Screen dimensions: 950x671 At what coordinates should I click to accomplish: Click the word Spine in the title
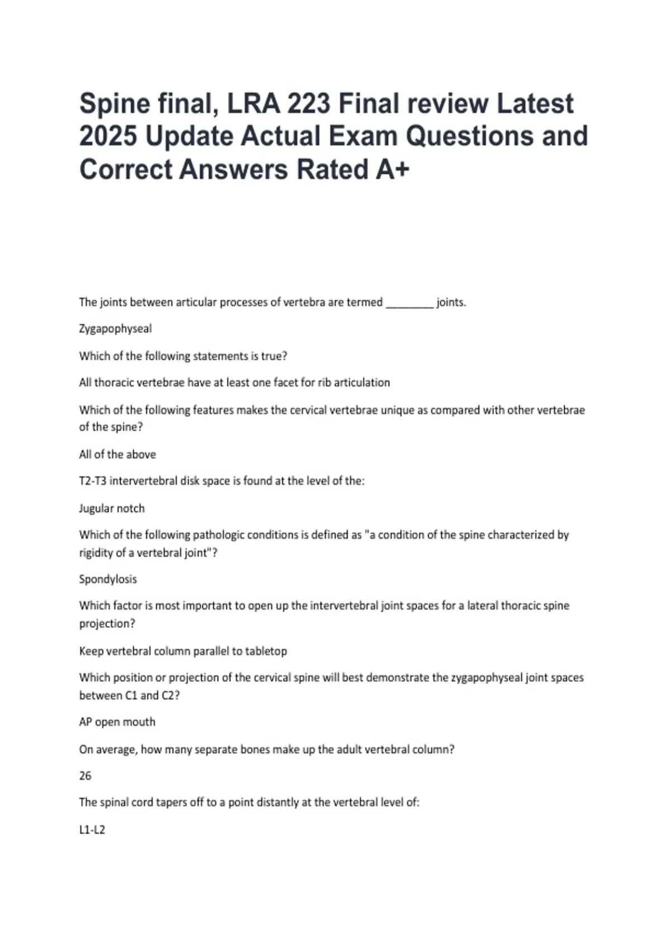115,104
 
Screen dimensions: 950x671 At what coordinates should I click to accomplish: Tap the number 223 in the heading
307,103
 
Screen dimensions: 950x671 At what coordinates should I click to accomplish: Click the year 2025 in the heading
108,136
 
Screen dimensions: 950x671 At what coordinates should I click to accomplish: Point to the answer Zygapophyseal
115,329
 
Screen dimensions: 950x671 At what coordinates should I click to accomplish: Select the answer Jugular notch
112,509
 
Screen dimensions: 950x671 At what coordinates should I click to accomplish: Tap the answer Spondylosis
108,579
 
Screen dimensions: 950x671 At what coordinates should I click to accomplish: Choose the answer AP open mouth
117,722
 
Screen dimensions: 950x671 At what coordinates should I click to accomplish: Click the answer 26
85,776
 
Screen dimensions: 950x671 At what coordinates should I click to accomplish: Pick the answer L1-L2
92,830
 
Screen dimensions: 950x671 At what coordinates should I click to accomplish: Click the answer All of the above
117,454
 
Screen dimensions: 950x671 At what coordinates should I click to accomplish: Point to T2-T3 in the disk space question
92,481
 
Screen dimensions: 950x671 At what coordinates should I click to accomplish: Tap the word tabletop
266,651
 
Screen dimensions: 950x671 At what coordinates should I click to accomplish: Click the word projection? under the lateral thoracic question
107,624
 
